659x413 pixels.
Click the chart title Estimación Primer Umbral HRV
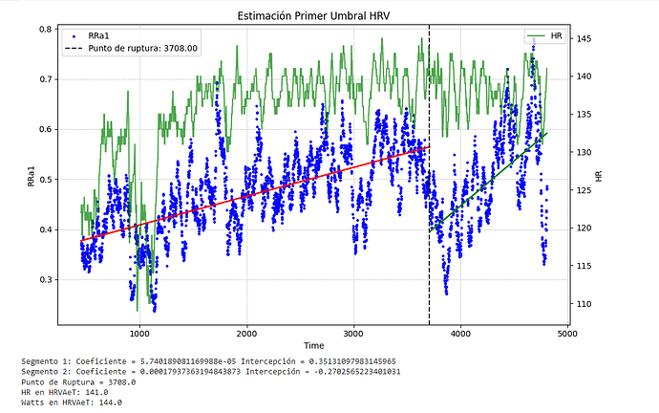pos(329,13)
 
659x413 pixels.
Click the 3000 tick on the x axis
pos(354,333)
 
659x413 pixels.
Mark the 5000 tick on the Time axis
pos(568,333)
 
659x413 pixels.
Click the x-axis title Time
pos(313,344)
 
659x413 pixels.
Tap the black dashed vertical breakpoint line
pos(429,239)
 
